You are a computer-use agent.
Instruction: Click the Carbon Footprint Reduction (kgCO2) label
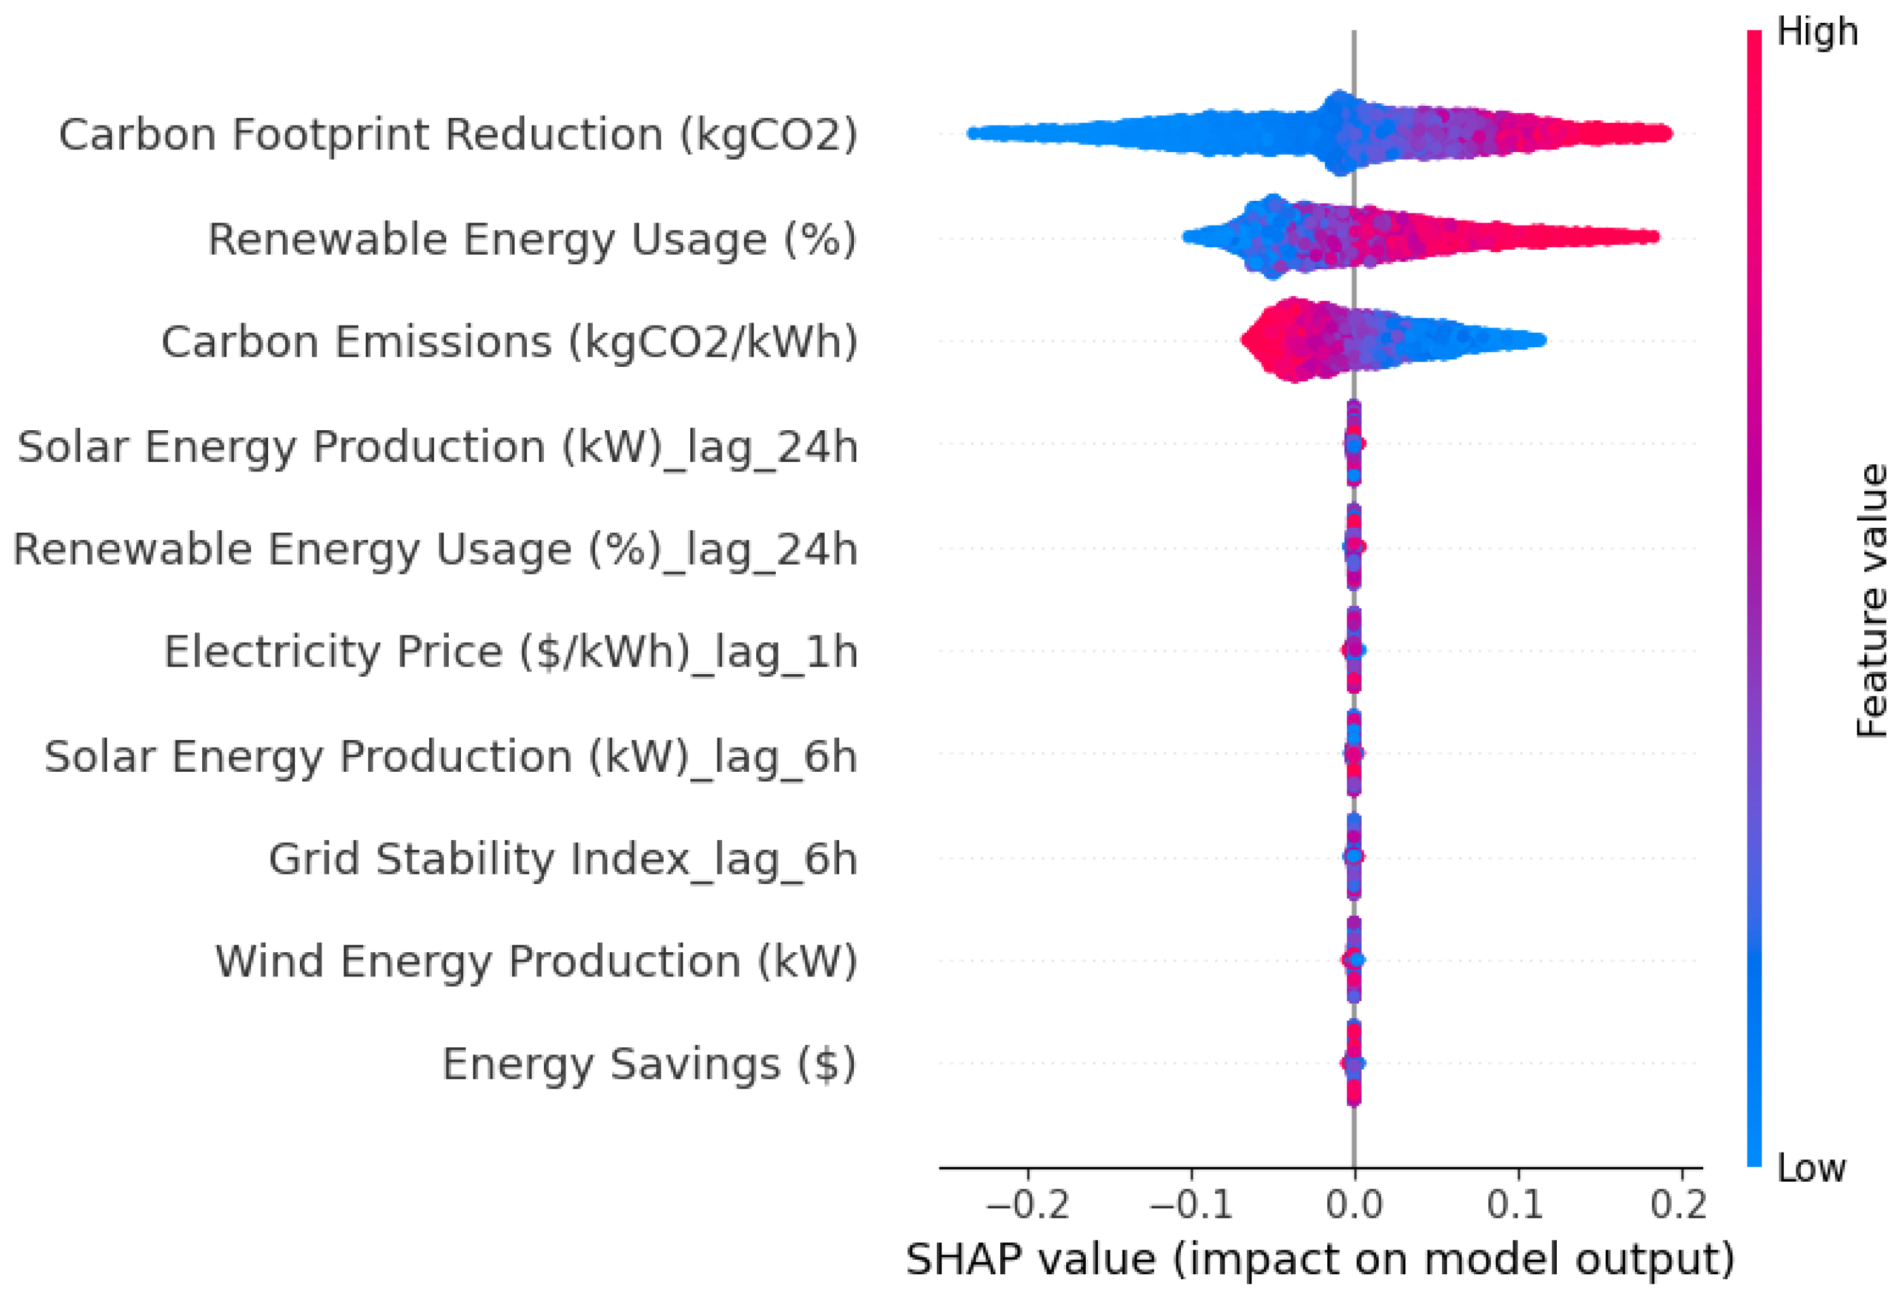click(458, 135)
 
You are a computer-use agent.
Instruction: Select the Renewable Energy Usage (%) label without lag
click(532, 240)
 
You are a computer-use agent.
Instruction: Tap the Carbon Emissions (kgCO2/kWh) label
click(509, 342)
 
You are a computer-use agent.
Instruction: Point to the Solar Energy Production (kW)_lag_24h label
click(437, 447)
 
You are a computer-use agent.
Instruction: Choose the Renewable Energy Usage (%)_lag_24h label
click(435, 549)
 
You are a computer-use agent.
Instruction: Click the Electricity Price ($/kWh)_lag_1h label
click(510, 653)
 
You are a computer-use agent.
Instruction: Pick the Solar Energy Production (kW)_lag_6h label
click(451, 757)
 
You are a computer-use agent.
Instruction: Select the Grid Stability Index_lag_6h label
click(563, 859)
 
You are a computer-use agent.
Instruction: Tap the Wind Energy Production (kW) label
click(536, 962)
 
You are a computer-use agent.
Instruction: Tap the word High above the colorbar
click(1817, 33)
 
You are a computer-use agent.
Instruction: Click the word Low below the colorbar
click(1811, 1168)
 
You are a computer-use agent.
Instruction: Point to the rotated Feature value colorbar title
click(1872, 601)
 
